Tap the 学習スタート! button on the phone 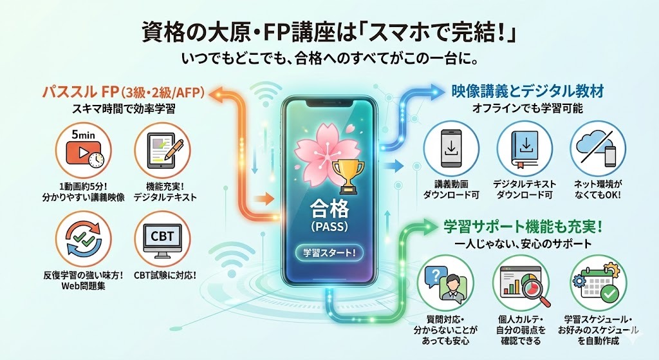pyautogui.click(x=329, y=252)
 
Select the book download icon pyautogui.click(x=523, y=149)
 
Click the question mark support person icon pyautogui.click(x=443, y=283)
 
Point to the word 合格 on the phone pyautogui.click(x=329, y=209)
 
